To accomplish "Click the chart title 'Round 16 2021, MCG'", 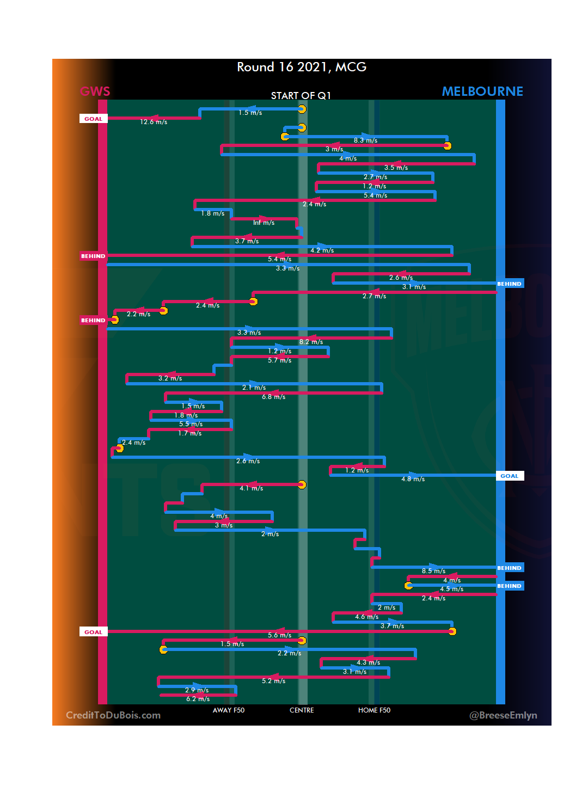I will pyautogui.click(x=302, y=67).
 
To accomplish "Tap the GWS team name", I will pyautogui.click(x=95, y=91).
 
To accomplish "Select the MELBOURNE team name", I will pyautogui.click(x=482, y=91).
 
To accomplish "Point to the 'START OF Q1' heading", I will pyautogui.click(x=301, y=96).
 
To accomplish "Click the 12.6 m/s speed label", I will pyautogui.click(x=154, y=122).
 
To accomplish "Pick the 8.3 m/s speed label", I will pyautogui.click(x=365, y=140).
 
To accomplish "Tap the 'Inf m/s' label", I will pyautogui.click(x=264, y=223).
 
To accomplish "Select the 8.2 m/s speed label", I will pyautogui.click(x=311, y=342).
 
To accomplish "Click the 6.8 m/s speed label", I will pyautogui.click(x=273, y=397).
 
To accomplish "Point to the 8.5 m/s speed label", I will pyautogui.click(x=433, y=571).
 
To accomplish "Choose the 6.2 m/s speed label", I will pyautogui.click(x=198, y=699).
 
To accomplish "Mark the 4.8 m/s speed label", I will pyautogui.click(x=413, y=479).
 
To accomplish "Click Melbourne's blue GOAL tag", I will pyautogui.click(x=510, y=476).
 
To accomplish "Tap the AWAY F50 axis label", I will pyautogui.click(x=229, y=710).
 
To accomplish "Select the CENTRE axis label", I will pyautogui.click(x=302, y=710).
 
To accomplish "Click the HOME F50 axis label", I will pyautogui.click(x=374, y=710).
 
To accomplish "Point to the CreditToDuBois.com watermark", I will pyautogui.click(x=113, y=715).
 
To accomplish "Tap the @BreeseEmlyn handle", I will pyautogui.click(x=503, y=715).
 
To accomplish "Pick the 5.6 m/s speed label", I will pyautogui.click(x=279, y=635).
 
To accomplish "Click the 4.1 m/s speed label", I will pyautogui.click(x=251, y=488).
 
